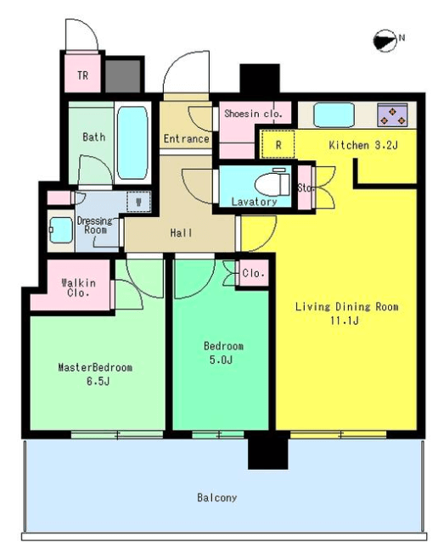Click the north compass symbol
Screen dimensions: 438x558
click(385, 41)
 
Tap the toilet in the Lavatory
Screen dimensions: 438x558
click(272, 183)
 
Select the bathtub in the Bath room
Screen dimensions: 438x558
click(132, 142)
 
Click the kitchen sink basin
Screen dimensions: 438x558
click(334, 114)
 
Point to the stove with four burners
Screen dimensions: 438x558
click(392, 114)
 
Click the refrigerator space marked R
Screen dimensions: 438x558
click(278, 144)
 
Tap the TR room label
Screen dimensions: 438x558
click(82, 75)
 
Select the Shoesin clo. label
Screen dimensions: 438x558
click(253, 114)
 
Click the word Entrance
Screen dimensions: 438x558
click(186, 138)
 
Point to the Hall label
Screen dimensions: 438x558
click(182, 233)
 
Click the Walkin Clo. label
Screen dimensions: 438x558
click(78, 287)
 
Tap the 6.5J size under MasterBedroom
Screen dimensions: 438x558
click(98, 381)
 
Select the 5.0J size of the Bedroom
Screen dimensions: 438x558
click(222, 360)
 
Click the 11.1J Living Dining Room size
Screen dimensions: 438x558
click(345, 321)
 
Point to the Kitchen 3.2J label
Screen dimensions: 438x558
click(363, 145)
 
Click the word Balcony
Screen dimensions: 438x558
click(216, 498)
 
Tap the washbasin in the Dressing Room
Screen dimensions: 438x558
click(61, 231)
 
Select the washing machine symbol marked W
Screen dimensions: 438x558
click(139, 202)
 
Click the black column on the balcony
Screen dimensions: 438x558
click(267, 450)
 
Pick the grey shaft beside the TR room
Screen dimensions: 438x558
click(123, 75)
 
